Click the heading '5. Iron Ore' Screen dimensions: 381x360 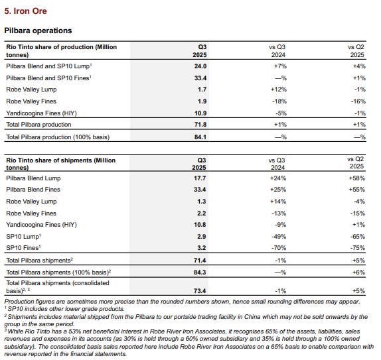25,11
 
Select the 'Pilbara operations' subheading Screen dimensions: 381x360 38,30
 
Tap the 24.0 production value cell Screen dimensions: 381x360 200,66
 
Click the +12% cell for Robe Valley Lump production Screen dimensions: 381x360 279,90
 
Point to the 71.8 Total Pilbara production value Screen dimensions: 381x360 200,125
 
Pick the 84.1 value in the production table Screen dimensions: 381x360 200,137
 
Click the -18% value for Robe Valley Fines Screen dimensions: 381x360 279,101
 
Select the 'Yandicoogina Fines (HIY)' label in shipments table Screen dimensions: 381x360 41,225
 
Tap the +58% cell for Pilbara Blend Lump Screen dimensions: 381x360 356,178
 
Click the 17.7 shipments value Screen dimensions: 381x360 200,178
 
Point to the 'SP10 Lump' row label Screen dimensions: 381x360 23,237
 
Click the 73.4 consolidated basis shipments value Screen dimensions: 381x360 200,291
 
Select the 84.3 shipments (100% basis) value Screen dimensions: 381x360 200,272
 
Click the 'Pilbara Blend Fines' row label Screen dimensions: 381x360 33,190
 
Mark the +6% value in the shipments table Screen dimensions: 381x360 358,272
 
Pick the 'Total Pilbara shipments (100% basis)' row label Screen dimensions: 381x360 58,272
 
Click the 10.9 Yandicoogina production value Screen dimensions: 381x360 200,113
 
